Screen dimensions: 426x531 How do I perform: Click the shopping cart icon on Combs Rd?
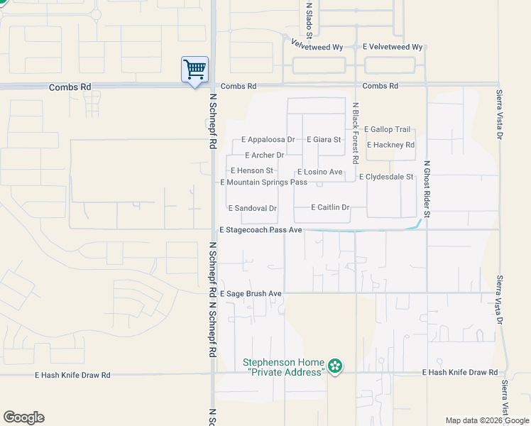(195, 70)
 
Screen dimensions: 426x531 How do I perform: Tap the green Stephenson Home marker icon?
(334, 366)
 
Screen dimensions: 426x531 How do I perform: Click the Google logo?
(23, 417)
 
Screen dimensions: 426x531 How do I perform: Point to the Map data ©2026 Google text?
(487, 420)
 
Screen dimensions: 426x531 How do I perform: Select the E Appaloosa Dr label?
(268, 140)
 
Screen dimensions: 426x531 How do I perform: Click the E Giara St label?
(324, 140)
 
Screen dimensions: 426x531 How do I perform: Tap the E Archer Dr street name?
(264, 155)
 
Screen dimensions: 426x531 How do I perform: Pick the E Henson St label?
(252, 171)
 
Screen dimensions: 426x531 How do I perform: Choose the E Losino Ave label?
(320, 172)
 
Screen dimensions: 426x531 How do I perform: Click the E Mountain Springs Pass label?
(263, 182)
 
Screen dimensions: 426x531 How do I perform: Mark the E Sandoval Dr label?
(252, 209)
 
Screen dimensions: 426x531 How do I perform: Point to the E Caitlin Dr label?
(331, 207)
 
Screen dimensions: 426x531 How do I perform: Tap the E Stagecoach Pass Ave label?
(261, 230)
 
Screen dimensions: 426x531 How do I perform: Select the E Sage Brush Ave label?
(251, 293)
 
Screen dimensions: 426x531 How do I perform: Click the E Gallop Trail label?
(387, 129)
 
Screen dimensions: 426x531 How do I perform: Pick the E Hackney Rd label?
(390, 145)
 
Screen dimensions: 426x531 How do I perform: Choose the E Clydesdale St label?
(386, 177)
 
